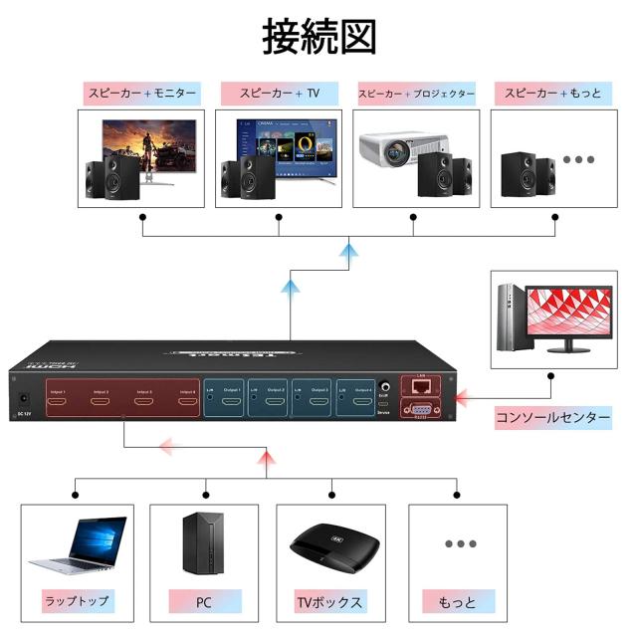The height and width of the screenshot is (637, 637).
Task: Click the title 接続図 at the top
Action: pos(318,37)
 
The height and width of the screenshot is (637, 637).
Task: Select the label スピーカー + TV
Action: pos(278,94)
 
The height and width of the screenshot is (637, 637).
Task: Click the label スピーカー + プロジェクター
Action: pos(415,94)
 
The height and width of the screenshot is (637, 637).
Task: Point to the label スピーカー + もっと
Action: pos(552,94)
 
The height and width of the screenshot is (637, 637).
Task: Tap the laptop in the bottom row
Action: pos(85,546)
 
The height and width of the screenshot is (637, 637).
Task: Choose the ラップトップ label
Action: pos(76,602)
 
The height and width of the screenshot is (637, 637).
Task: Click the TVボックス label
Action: pos(330,602)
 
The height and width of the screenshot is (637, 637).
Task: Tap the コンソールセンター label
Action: pos(553,418)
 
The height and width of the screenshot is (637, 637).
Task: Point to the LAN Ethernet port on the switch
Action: pos(421,384)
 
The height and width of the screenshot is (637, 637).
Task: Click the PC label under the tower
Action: pos(203,602)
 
